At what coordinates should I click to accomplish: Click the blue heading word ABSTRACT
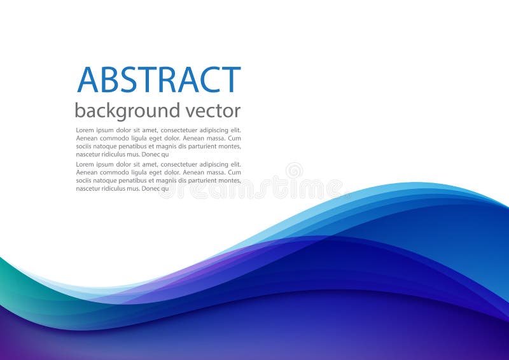[x=159, y=80]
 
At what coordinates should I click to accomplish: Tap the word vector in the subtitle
[x=213, y=111]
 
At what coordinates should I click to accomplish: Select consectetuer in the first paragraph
[x=181, y=130]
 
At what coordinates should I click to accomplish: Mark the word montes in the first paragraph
[x=226, y=146]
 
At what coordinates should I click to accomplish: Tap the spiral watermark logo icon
[x=294, y=170]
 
